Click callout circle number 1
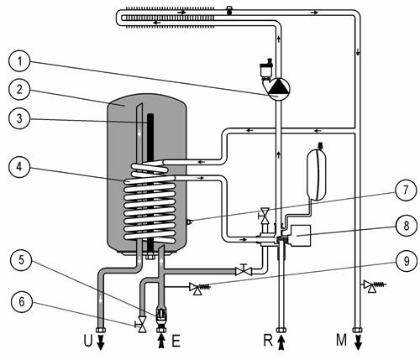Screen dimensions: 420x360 tap(19, 61)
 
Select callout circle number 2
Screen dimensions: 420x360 tap(19, 90)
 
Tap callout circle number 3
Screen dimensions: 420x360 tap(19, 118)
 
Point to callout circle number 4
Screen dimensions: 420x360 tap(19, 167)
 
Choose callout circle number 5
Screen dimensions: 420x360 tap(21, 260)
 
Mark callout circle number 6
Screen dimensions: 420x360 tap(22, 302)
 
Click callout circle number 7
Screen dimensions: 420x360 tap(406, 190)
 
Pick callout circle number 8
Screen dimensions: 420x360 tap(407, 226)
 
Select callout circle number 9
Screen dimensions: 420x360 tap(407, 261)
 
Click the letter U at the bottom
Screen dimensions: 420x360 tap(88, 341)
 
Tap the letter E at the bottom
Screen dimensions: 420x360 tap(176, 341)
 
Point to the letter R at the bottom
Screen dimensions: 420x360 tap(268, 341)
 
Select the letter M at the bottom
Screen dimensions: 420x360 tap(342, 341)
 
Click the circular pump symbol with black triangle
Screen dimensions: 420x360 tap(279, 89)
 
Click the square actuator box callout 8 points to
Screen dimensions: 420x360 tap(301, 236)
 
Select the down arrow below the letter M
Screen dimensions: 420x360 tap(358, 342)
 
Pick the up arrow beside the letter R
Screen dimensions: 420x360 tap(281, 341)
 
